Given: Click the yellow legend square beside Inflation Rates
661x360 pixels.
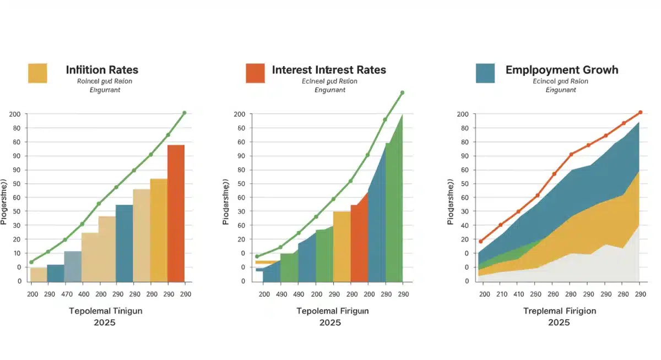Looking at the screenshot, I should click(37, 73).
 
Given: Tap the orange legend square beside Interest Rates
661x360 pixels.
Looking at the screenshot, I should click(255, 73).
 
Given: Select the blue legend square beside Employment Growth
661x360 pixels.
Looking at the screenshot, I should click(485, 73).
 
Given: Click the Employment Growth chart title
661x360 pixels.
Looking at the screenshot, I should click(561, 70).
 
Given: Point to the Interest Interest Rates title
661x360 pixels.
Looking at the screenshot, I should click(329, 70).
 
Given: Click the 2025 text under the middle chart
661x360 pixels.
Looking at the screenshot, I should click(330, 323).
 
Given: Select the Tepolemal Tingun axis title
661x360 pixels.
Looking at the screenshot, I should click(105, 311).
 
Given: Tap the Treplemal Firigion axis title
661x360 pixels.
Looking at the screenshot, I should click(559, 311).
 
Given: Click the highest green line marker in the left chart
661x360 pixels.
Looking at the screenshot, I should click(184, 113).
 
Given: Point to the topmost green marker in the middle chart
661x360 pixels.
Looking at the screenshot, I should click(402, 92).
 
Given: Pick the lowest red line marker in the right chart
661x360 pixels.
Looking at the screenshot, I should click(481, 241).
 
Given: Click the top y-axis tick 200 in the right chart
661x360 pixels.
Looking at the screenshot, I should click(463, 114).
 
